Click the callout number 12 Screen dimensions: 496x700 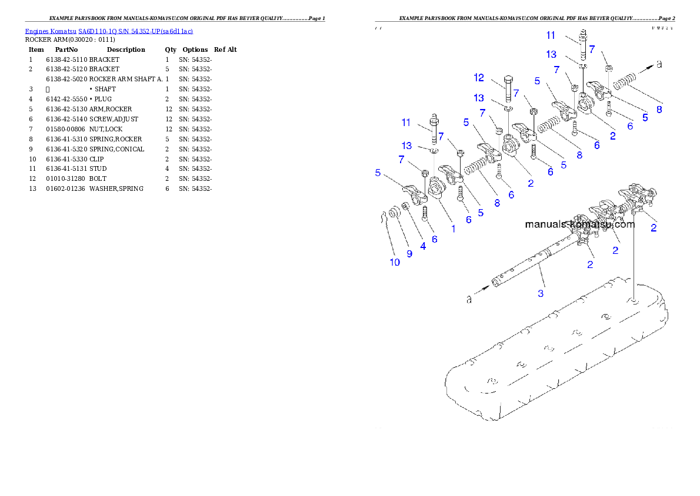click(479, 78)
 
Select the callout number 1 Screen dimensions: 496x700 click(454, 228)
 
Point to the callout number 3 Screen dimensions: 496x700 click(541, 292)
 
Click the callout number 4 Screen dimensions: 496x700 click(423, 246)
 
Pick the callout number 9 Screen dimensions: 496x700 click(409, 253)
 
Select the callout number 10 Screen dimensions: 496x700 click(395, 262)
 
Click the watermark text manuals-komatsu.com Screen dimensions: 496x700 click(579, 224)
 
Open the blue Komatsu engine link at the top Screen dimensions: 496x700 click(109, 31)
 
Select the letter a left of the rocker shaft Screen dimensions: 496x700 click(469, 299)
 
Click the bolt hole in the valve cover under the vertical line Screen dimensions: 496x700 click(634, 302)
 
